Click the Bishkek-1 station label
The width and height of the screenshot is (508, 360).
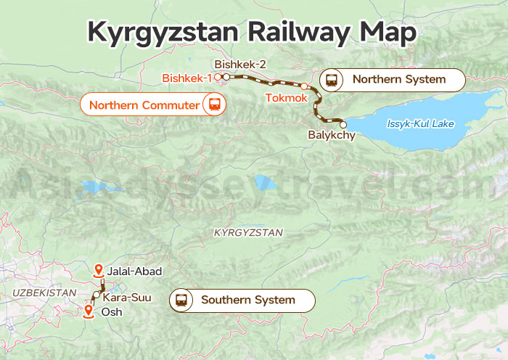[187, 78]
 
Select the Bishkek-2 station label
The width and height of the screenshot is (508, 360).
[240, 65]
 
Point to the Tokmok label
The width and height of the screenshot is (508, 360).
[286, 97]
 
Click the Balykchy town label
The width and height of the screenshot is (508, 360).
[332, 135]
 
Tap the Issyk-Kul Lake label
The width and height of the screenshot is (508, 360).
[420, 124]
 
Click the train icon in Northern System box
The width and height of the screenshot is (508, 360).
[332, 80]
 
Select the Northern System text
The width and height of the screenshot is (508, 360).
[398, 80]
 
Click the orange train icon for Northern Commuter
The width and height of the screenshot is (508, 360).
[214, 105]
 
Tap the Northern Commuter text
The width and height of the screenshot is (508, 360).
[144, 105]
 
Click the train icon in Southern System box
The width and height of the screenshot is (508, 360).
[181, 300]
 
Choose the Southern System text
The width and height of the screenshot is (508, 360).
[247, 300]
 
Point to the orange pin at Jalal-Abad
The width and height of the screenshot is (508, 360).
[99, 271]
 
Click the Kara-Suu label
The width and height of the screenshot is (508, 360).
[127, 298]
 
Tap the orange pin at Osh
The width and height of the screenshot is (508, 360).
[89, 311]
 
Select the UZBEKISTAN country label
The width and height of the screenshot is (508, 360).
[44, 292]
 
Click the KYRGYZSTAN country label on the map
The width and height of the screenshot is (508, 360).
[248, 232]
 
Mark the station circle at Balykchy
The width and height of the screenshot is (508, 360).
[343, 124]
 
